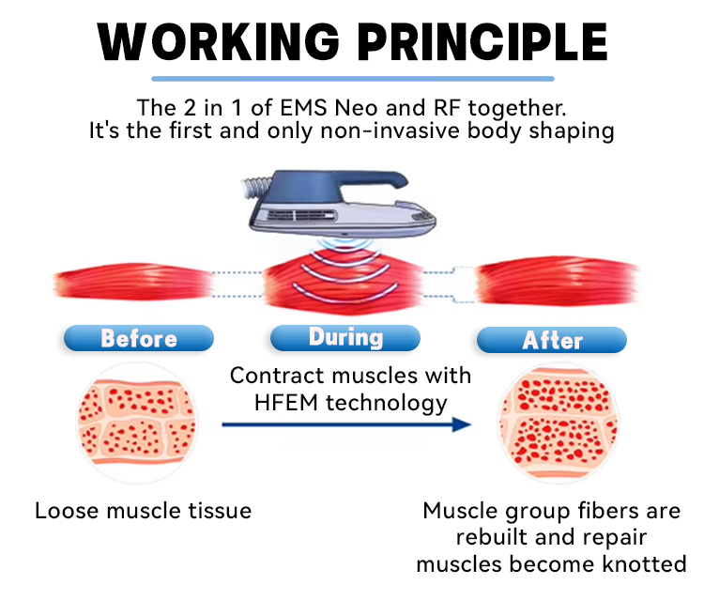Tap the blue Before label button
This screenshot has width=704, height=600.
click(x=138, y=338)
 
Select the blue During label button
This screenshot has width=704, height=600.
click(x=345, y=337)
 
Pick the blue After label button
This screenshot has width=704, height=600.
click(x=552, y=340)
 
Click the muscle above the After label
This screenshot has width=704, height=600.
click(x=557, y=279)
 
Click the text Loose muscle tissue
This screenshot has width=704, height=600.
click(x=144, y=511)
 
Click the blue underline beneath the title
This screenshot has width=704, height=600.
click(x=353, y=78)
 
